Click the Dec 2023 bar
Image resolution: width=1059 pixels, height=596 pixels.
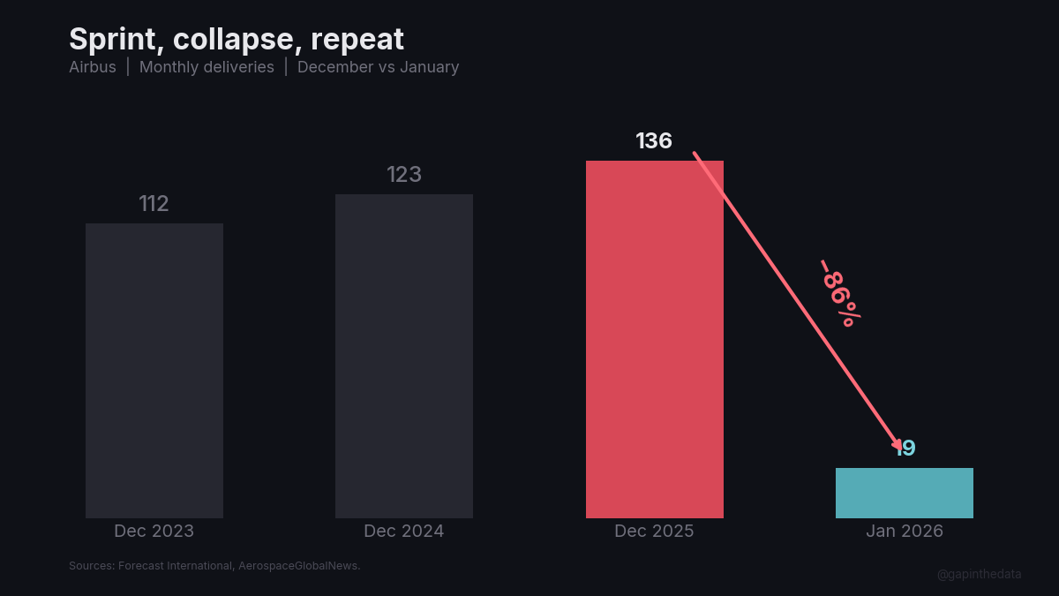pyautogui.click(x=154, y=371)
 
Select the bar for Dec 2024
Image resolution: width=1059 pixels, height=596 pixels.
pyautogui.click(x=404, y=356)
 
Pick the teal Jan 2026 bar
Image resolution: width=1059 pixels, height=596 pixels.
pyautogui.click(x=905, y=493)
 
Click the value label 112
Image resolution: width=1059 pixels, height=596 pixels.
pyautogui.click(x=154, y=204)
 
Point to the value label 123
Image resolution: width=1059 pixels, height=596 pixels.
pyautogui.click(x=404, y=175)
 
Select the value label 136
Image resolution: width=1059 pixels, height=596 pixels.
pyautogui.click(x=654, y=141)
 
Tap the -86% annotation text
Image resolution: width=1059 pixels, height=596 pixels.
pyautogui.click(x=839, y=293)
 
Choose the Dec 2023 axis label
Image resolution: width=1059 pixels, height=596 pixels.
pyautogui.click(x=154, y=532)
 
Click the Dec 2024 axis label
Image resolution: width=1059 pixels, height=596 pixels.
pyautogui.click(x=404, y=532)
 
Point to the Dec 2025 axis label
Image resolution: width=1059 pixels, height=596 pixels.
pyautogui.click(x=654, y=532)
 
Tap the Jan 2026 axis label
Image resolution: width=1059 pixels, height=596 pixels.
pyautogui.click(x=905, y=532)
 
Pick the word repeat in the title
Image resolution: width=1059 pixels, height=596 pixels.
pyautogui.click(x=357, y=40)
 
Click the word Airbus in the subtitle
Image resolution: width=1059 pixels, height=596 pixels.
pyautogui.click(x=93, y=67)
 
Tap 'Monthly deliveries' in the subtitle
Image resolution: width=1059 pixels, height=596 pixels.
pyautogui.click(x=207, y=67)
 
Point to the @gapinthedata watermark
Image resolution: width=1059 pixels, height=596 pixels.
pyautogui.click(x=980, y=574)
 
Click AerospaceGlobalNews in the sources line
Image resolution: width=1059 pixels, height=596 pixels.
pyautogui.click(x=299, y=566)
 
